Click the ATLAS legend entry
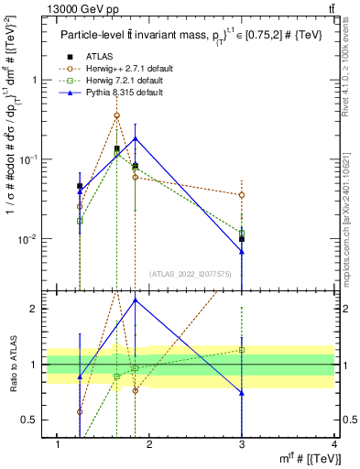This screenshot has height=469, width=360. [98, 56]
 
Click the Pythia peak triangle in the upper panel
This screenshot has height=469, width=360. [136, 139]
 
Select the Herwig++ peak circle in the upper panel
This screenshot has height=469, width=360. [116, 115]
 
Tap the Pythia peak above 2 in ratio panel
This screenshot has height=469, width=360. [136, 300]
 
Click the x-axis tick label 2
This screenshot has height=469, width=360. [151, 444]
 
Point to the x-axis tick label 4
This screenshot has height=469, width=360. [335, 444]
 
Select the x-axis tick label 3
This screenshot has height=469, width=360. [243, 444]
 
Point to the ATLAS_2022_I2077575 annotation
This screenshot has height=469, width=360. [190, 274]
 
